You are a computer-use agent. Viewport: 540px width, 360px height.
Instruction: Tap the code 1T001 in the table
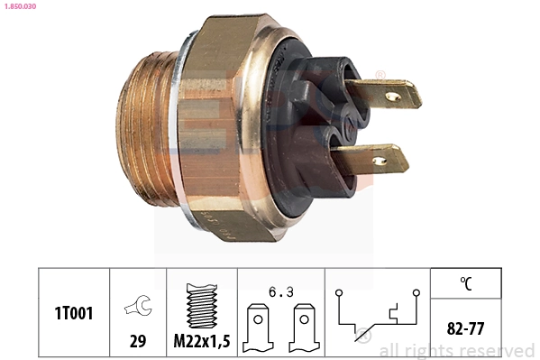click(x=73, y=313)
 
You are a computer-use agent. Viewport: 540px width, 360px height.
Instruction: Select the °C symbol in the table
click(x=466, y=282)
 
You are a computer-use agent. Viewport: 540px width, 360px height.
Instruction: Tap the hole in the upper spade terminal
click(x=392, y=95)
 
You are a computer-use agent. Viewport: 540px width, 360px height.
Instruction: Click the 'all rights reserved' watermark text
click(x=456, y=350)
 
